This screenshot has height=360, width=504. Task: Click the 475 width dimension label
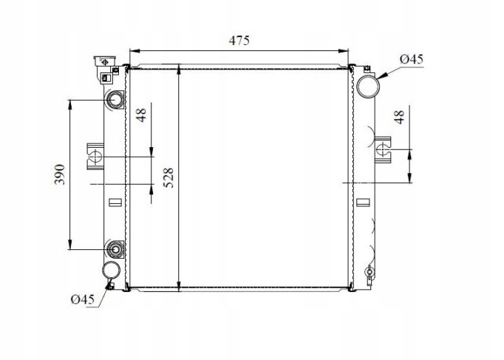(x=239, y=41)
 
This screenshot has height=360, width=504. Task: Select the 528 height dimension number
(x=168, y=179)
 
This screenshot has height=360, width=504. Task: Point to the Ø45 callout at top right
(x=411, y=60)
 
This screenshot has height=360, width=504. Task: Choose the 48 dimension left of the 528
(x=141, y=115)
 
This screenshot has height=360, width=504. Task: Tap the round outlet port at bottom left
(x=110, y=271)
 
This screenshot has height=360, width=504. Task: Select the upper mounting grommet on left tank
(x=115, y=99)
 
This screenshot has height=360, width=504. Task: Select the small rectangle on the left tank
(x=114, y=203)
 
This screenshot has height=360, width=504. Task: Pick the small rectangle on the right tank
(x=361, y=202)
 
